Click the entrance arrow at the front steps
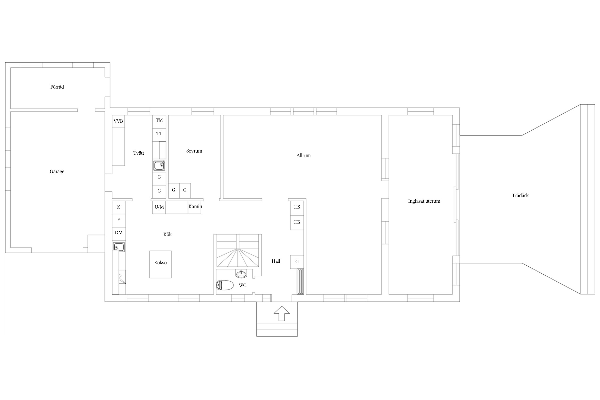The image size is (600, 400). [282, 314]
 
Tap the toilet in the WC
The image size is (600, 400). [225, 285]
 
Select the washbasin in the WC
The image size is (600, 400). [242, 273]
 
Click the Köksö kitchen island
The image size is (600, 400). [160, 264]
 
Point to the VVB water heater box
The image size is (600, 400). [118, 121]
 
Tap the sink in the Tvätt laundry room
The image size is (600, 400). [159, 166]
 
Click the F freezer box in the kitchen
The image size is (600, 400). [119, 220]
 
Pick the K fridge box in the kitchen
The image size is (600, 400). [119, 207]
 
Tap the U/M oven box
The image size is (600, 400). [159, 207]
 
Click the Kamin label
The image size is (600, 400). [195, 206]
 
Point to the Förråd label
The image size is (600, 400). [57, 87]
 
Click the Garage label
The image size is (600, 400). [57, 171]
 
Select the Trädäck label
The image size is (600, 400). [520, 195]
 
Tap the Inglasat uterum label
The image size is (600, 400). [424, 201]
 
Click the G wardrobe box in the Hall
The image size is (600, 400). [297, 262]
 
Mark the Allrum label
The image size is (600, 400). [303, 155]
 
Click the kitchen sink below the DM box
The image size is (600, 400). [119, 247]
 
